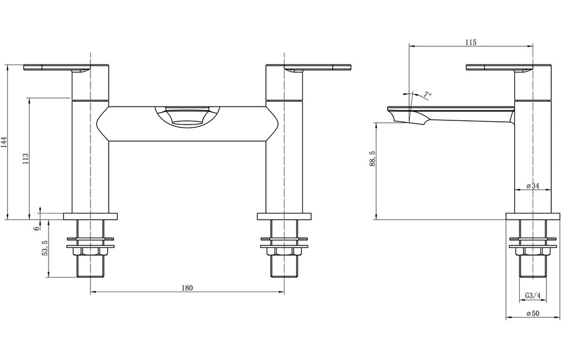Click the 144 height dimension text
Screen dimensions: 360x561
point(4,142)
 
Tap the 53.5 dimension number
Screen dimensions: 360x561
point(45,248)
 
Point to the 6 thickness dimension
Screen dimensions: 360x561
point(37,228)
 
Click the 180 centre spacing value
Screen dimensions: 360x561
point(187,288)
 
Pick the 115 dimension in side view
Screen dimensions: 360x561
point(470,42)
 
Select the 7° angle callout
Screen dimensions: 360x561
point(427,95)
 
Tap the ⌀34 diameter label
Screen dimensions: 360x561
point(532,186)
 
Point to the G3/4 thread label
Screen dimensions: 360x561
point(533,296)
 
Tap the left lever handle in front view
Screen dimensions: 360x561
point(57,68)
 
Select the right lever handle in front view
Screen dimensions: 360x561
point(319,68)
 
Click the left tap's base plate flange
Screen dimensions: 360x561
point(91,217)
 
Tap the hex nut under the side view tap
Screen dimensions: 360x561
point(533,251)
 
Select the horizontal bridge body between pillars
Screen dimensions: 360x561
point(187,131)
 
